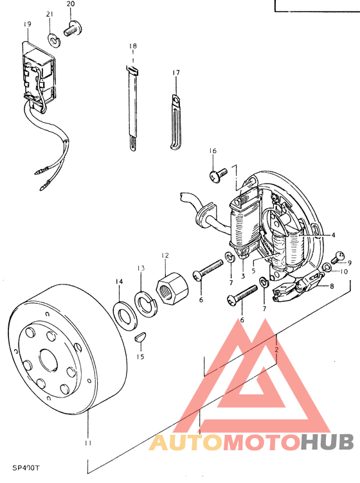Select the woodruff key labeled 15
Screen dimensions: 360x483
tap(141, 337)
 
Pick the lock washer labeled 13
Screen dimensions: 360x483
tap(146, 302)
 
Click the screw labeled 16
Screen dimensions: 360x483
tap(218, 175)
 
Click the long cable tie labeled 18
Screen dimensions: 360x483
tap(132, 109)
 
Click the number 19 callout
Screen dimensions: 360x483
tap(27, 24)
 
